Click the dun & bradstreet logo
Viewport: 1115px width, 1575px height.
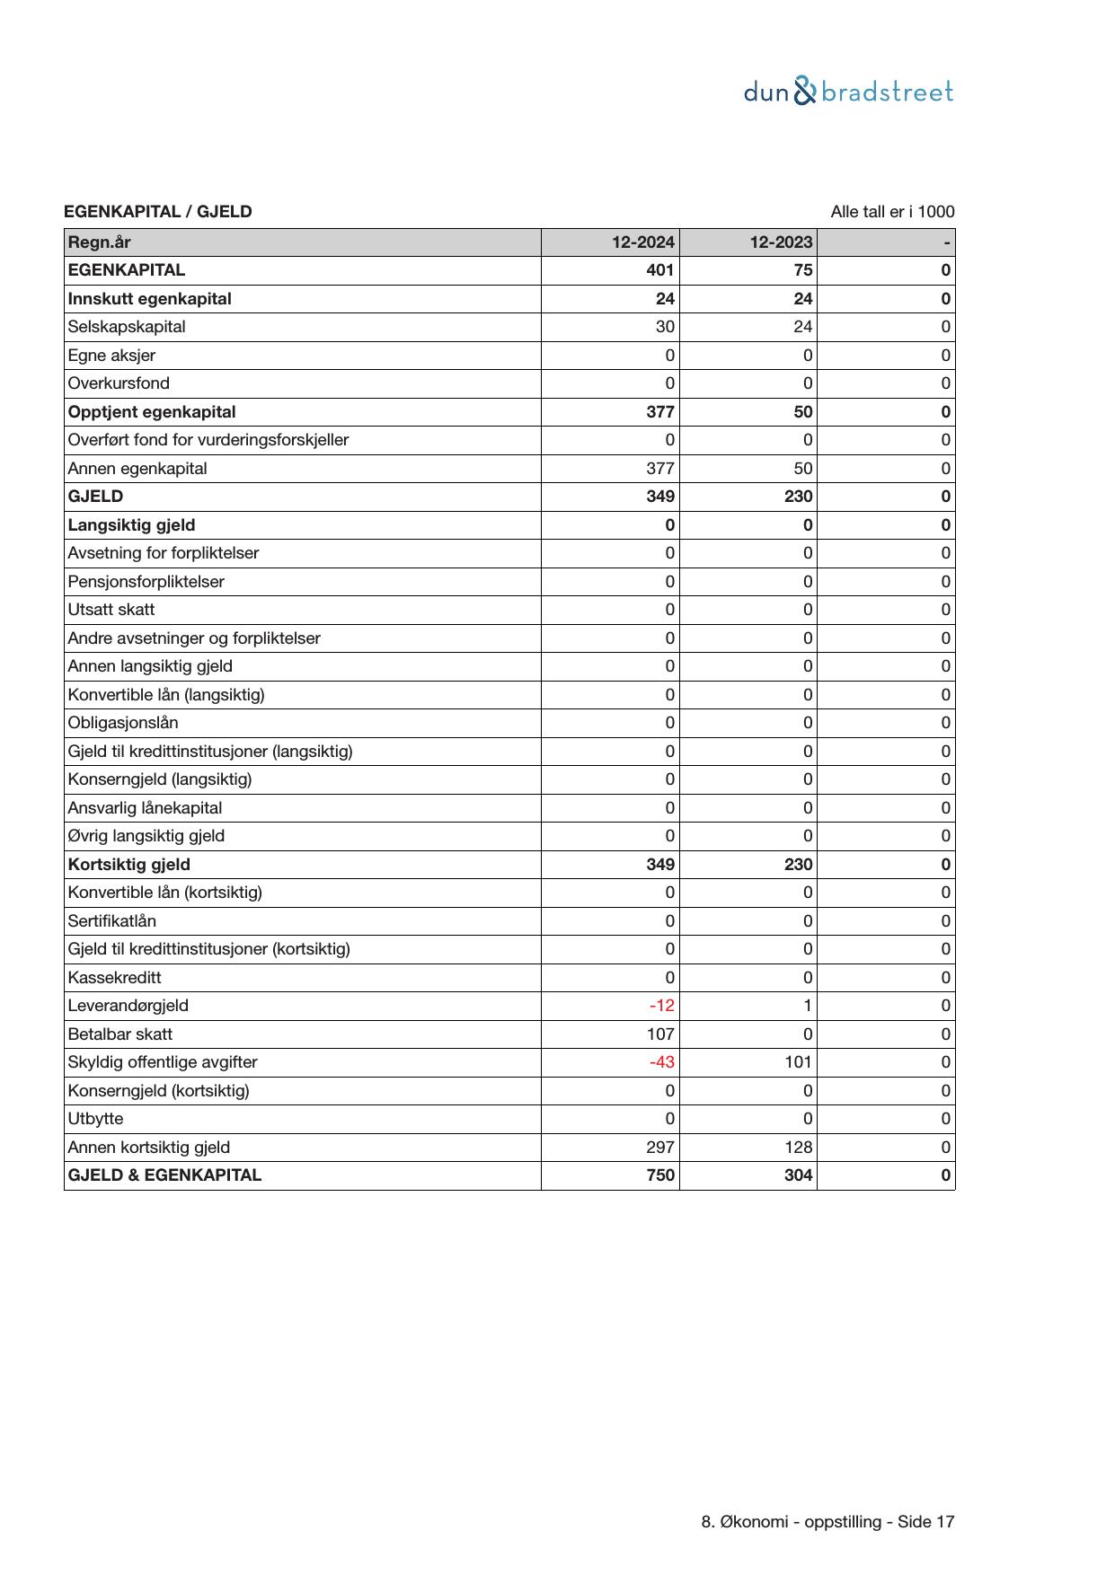coord(848,92)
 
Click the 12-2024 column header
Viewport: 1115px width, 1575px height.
coord(643,242)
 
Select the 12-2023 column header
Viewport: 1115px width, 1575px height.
coord(782,242)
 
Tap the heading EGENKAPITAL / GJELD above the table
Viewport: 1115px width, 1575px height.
coord(158,212)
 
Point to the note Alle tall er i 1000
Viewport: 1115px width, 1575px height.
coord(892,212)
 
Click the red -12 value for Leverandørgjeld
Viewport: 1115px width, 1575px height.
coord(661,1006)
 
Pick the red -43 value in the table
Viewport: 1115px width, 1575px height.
coord(661,1062)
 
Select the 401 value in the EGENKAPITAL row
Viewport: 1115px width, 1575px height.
coord(660,270)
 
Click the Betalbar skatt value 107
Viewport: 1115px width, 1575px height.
coord(660,1034)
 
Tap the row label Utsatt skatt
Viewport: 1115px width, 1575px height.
coord(111,610)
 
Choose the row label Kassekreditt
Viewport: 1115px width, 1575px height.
coord(115,978)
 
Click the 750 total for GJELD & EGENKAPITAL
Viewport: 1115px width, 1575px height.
coord(660,1175)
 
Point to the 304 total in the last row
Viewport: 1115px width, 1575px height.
coord(798,1175)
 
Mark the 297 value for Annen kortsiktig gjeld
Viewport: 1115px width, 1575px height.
coord(660,1148)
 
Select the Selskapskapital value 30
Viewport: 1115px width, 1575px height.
coord(665,327)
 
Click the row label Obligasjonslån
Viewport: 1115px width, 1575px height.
coord(123,723)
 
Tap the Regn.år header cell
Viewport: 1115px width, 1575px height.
coord(99,242)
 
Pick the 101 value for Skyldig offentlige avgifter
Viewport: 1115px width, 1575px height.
coord(798,1062)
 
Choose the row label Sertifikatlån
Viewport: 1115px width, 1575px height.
coord(112,921)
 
